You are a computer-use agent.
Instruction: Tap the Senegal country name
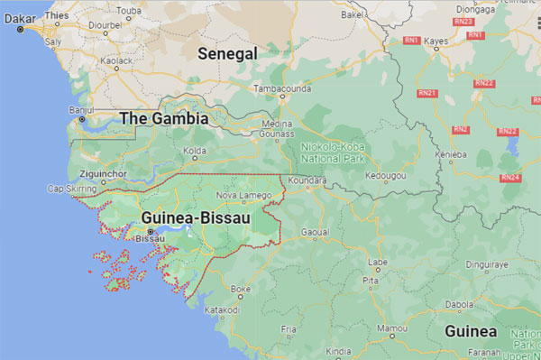tap(227, 54)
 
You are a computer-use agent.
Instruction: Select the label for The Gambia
tap(164, 118)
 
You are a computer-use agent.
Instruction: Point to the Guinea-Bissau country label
tap(196, 217)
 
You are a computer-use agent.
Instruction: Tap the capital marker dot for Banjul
tap(82, 119)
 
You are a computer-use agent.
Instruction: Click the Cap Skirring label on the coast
tap(70, 189)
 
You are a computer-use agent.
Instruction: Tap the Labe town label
tap(377, 263)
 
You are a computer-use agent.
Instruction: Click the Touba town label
tap(129, 12)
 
